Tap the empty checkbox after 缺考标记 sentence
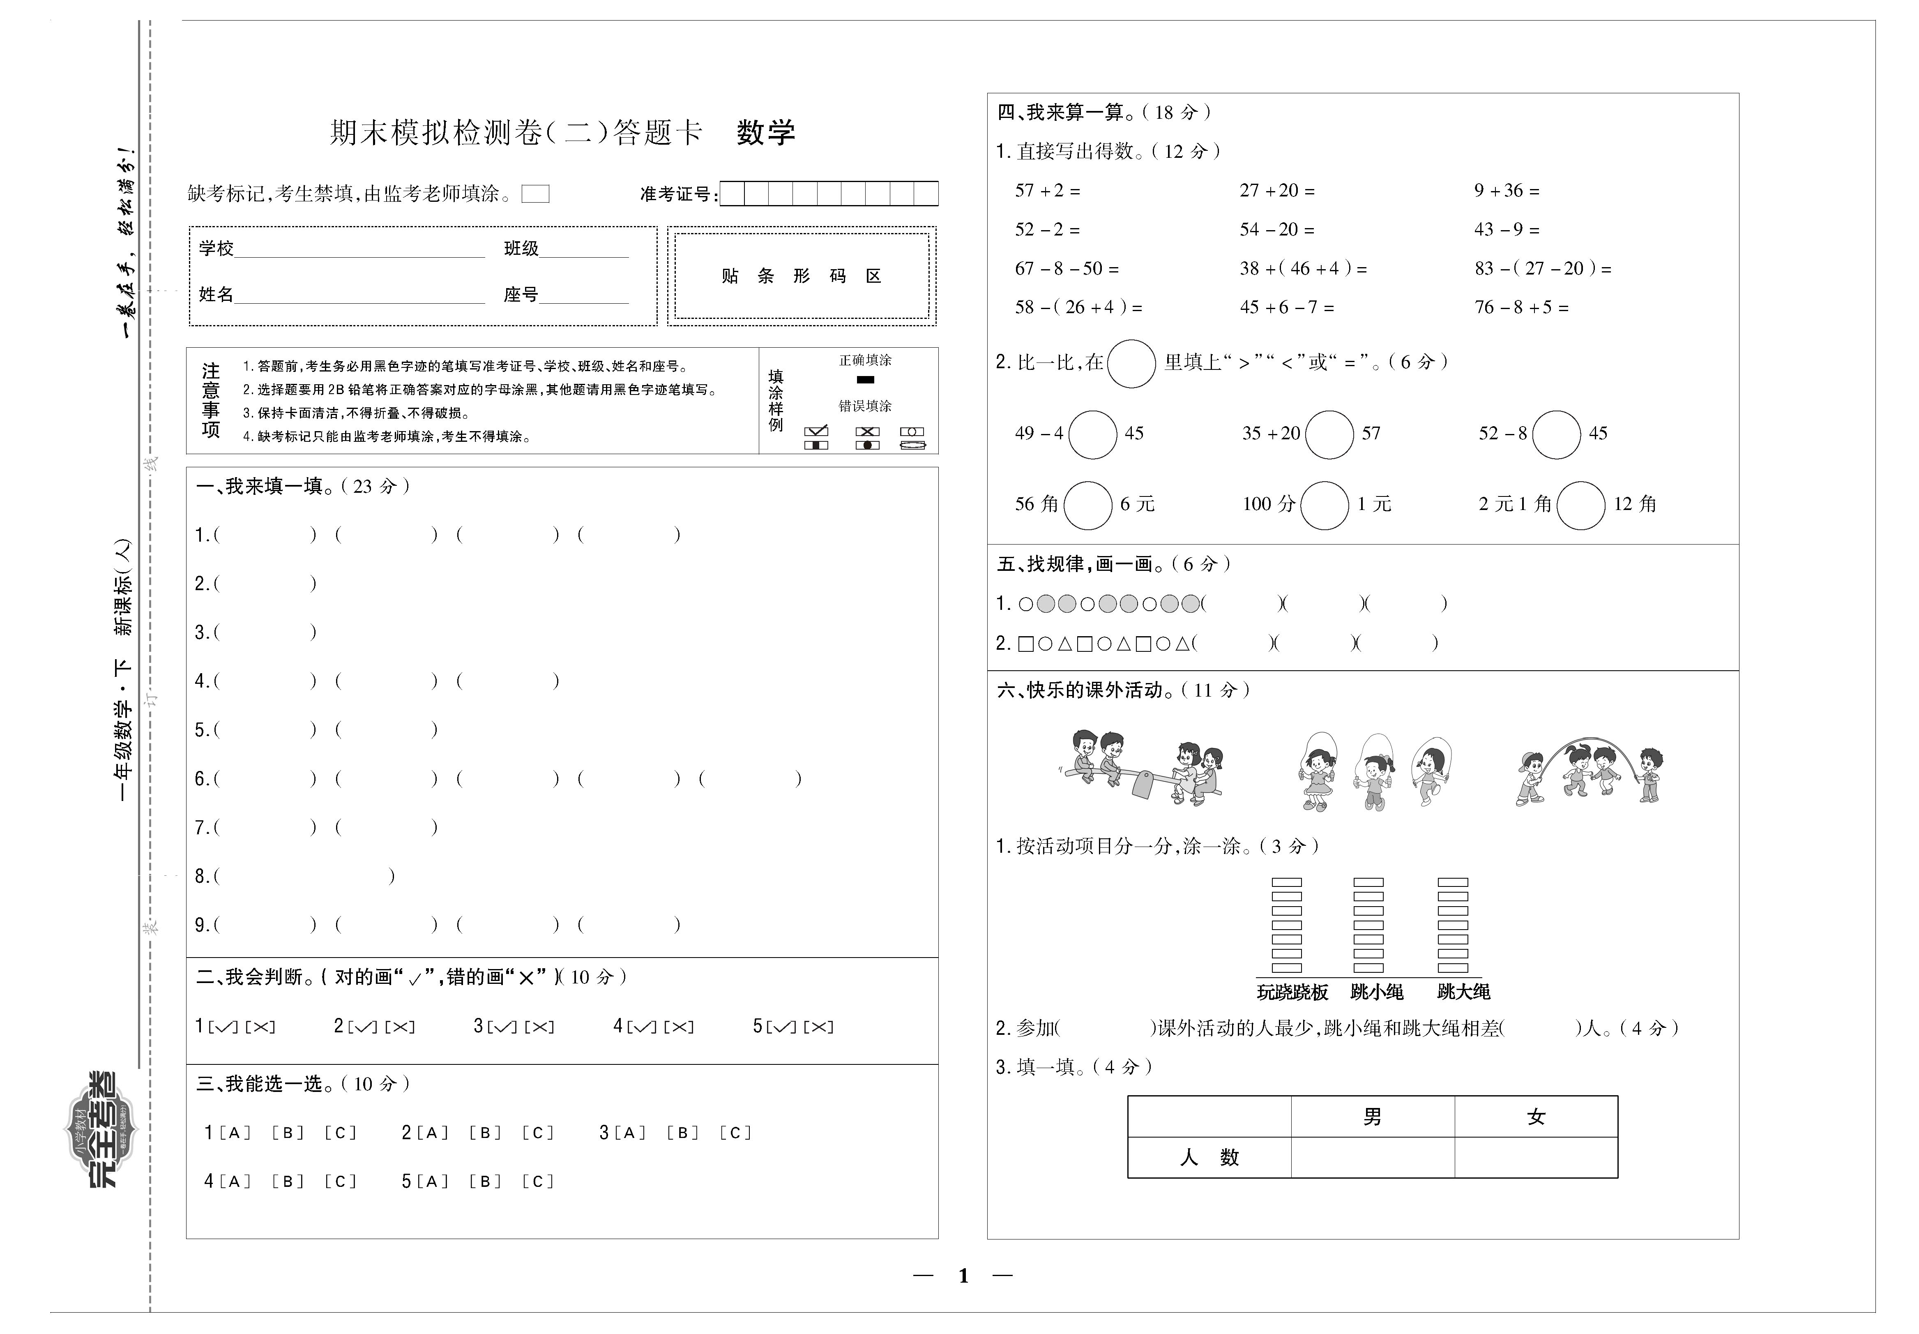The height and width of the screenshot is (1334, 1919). pyautogui.click(x=535, y=194)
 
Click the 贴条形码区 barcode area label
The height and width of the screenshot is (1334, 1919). pyautogui.click(x=801, y=276)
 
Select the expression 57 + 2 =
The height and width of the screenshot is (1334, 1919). pyautogui.click(x=1047, y=191)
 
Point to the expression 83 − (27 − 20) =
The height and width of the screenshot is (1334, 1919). pyautogui.click(x=1542, y=268)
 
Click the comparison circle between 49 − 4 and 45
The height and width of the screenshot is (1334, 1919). pyautogui.click(x=1093, y=434)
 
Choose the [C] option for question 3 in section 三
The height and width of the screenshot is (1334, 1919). pyautogui.click(x=735, y=1133)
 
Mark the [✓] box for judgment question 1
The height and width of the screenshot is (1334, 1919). pyautogui.click(x=222, y=1027)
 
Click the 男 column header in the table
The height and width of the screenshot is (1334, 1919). pyautogui.click(x=1372, y=1117)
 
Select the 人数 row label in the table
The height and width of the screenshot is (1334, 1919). pyautogui.click(x=1209, y=1158)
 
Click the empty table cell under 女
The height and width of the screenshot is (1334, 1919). pyautogui.click(x=1536, y=1158)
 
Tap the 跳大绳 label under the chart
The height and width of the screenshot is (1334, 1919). pyautogui.click(x=1463, y=992)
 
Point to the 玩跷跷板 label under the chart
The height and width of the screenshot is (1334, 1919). pyautogui.click(x=1292, y=992)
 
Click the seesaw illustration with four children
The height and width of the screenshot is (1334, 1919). pyautogui.click(x=1140, y=769)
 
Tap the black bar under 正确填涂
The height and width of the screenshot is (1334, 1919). pyautogui.click(x=866, y=380)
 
